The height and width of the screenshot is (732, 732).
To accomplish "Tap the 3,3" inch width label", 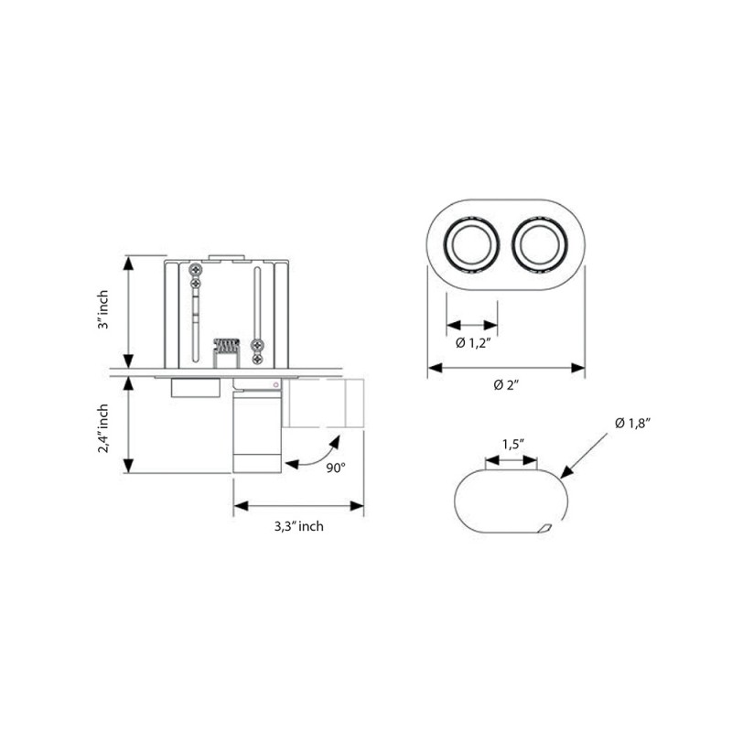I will [298, 526].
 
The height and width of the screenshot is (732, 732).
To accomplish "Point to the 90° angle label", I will [335, 467].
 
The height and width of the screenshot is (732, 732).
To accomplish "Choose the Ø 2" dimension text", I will [506, 384].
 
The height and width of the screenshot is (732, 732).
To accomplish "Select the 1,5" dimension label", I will [511, 444].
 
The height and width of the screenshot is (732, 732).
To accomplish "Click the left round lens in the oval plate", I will [472, 246].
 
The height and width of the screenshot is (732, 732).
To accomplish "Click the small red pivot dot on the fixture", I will [276, 385].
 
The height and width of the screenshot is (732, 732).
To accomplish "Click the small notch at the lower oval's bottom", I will [545, 528].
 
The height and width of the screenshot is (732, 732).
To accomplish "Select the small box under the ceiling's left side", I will [195, 388].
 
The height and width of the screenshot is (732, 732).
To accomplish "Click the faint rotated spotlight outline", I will [325, 405].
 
